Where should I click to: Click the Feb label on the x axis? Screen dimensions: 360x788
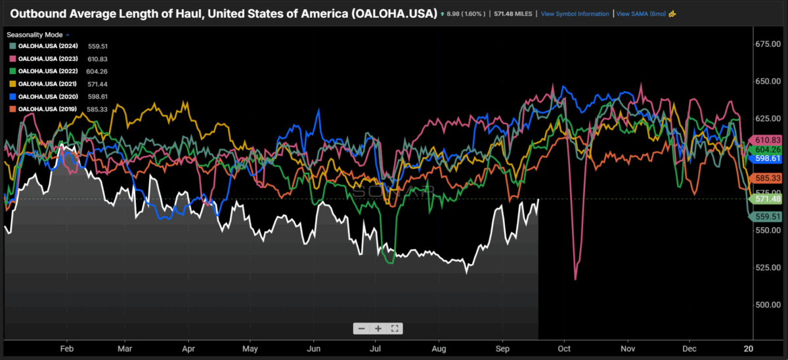click(66, 349)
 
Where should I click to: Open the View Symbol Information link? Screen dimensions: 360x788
click(575, 14)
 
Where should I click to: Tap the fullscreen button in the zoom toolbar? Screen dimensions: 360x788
click(395, 328)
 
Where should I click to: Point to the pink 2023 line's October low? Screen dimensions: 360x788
click(575, 279)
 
